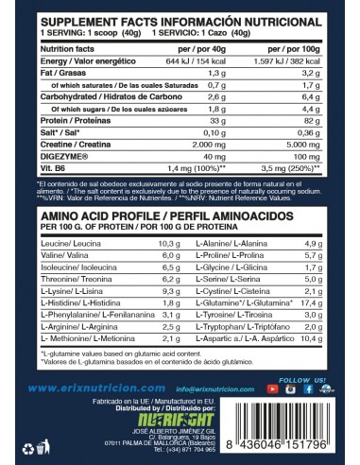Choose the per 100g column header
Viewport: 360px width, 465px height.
pos(301,46)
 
